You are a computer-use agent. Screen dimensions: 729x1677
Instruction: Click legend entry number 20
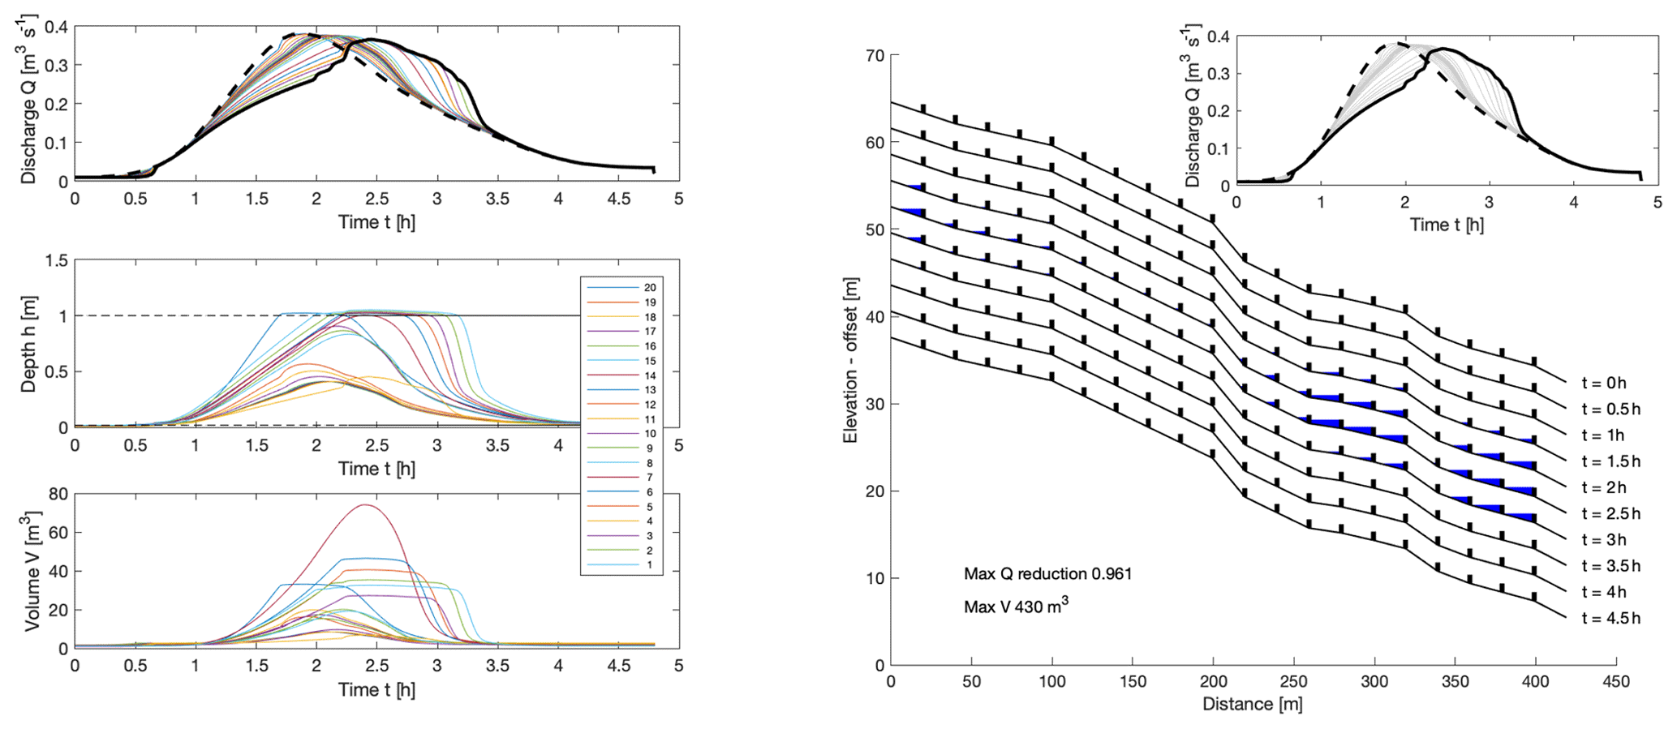point(649,288)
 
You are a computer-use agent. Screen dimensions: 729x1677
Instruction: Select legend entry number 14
point(649,375)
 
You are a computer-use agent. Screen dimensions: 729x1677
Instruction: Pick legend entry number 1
point(649,565)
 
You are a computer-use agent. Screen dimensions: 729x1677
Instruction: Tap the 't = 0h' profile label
point(1604,384)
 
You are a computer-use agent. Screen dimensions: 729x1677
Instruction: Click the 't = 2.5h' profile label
point(1610,514)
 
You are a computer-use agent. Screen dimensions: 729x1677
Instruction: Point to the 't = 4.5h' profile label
point(1610,619)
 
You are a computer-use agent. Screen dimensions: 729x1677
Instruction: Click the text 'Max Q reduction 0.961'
point(1047,574)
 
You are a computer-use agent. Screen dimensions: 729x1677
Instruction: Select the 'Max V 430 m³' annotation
point(1016,606)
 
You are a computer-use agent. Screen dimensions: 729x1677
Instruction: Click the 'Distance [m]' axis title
point(1252,704)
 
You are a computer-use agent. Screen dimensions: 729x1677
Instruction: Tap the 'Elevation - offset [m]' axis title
point(850,361)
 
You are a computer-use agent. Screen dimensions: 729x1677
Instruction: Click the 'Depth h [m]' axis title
point(28,344)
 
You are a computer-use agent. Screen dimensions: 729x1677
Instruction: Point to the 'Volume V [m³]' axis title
point(31,571)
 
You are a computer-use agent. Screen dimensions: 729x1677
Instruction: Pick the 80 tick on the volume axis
point(57,495)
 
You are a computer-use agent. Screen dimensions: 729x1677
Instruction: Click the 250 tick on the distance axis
point(1293,682)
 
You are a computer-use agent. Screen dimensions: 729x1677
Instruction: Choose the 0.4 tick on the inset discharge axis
point(1219,36)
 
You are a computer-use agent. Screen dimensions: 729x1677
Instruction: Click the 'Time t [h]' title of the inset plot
point(1447,225)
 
